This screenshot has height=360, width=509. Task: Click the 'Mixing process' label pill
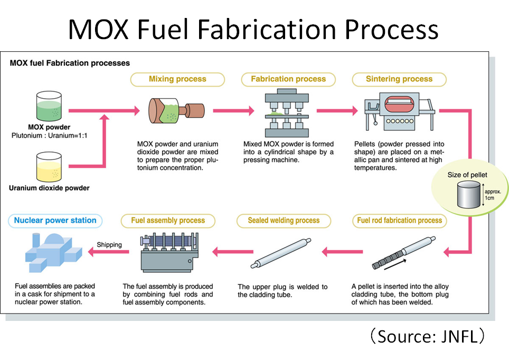pyautogui.click(x=177, y=79)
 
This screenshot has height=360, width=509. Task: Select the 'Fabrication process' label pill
pyautogui.click(x=288, y=79)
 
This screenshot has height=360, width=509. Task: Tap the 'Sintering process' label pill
pyautogui.click(x=399, y=79)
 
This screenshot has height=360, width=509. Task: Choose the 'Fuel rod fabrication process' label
pyautogui.click(x=399, y=220)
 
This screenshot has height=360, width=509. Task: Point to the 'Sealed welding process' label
pyautogui.click(x=284, y=220)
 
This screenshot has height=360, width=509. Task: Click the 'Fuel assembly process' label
pyautogui.click(x=167, y=220)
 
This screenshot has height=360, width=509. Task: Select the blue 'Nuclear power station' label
pyautogui.click(x=55, y=220)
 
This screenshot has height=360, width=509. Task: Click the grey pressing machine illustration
pyautogui.click(x=285, y=114)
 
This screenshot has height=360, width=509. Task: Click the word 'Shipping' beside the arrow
pyautogui.click(x=109, y=245)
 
